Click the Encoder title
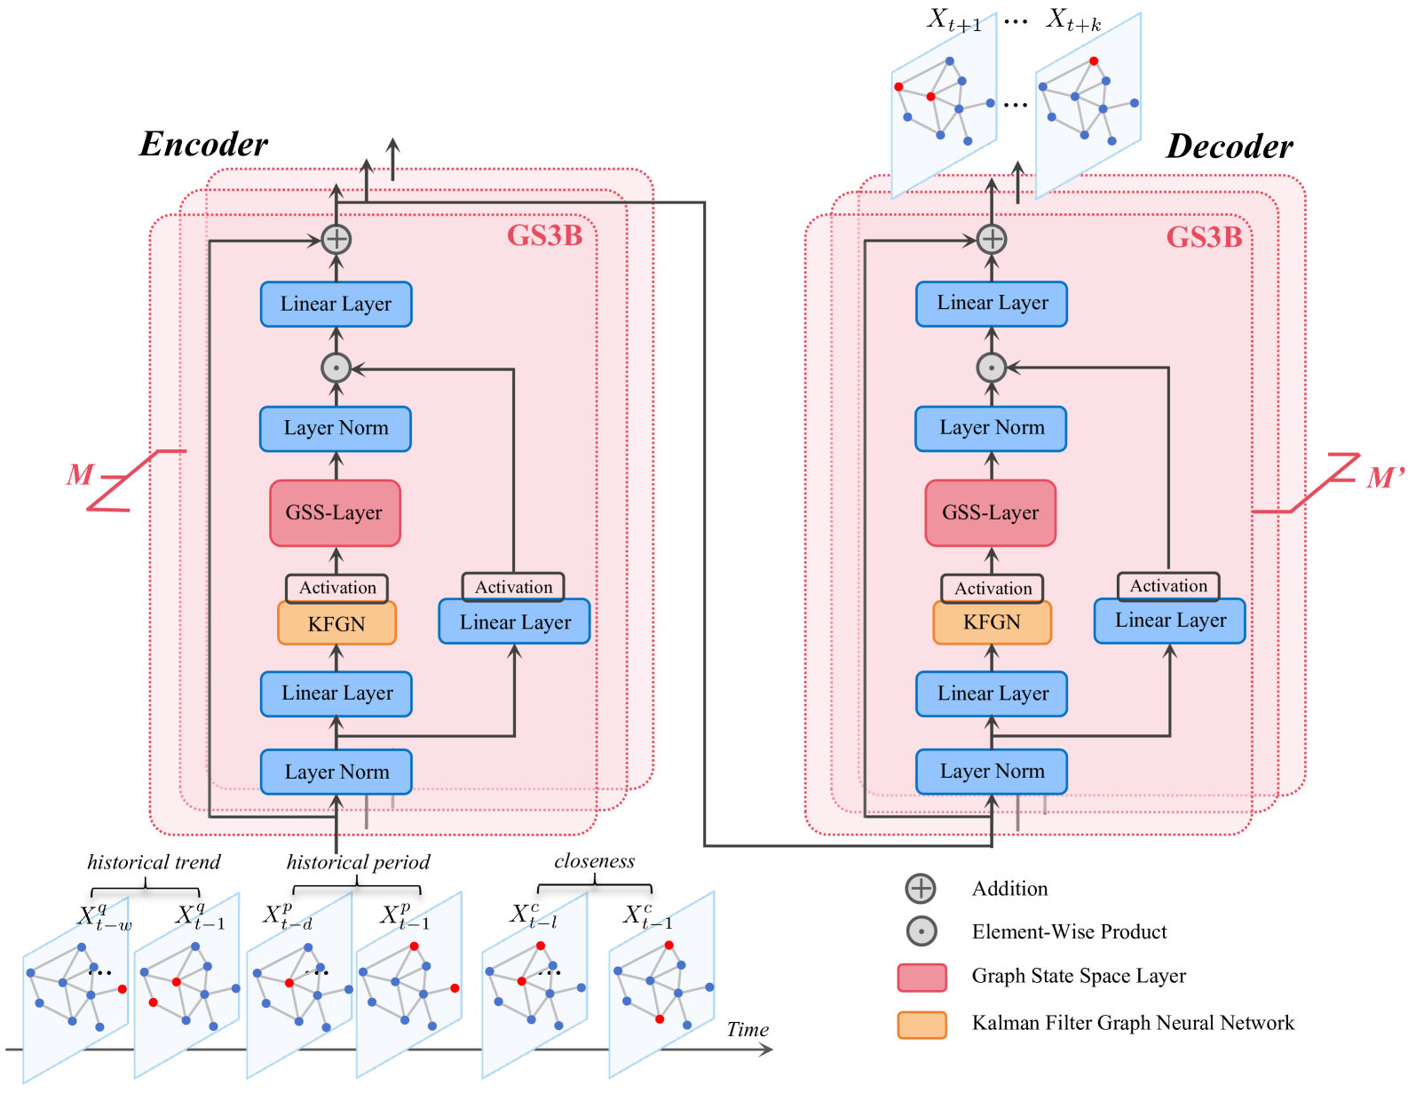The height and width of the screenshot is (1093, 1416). (203, 144)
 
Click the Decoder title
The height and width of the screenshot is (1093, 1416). (1229, 146)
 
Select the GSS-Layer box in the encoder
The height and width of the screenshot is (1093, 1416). (335, 513)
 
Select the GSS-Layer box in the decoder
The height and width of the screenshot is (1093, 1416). (991, 513)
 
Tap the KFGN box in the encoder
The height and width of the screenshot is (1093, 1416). (336, 623)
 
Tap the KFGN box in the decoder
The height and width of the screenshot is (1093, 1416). (992, 622)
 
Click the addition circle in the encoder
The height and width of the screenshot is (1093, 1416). (336, 239)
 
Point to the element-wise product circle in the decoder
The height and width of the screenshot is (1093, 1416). (991, 368)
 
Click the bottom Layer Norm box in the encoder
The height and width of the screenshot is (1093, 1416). (336, 772)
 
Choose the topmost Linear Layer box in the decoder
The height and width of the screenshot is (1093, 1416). (992, 304)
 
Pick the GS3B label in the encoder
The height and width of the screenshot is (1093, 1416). (545, 236)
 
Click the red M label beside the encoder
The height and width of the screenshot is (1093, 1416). (80, 475)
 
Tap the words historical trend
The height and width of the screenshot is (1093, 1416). (154, 861)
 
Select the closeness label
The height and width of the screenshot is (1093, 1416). (594, 861)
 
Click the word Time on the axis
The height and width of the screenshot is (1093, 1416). (748, 1029)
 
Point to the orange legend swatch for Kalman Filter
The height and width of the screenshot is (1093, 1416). (922, 1024)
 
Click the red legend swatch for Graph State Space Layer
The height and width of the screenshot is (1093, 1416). (922, 978)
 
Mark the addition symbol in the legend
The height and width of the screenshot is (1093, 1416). (921, 889)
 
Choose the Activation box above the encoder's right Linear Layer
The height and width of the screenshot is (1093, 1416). (513, 587)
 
